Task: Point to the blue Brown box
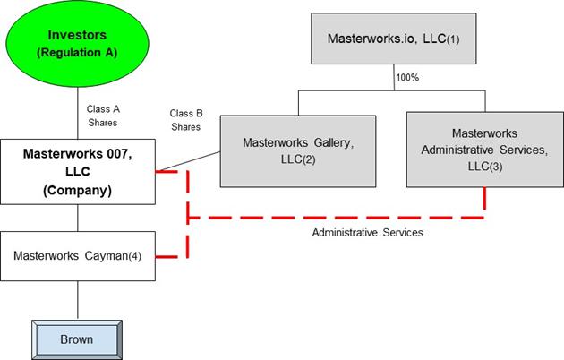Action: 77,339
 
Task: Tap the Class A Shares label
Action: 102,116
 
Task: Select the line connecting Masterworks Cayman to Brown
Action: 78,299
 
